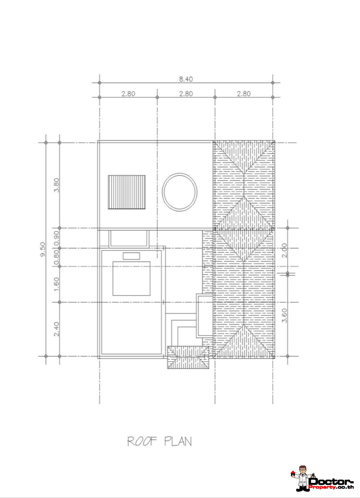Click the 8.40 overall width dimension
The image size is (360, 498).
click(186, 79)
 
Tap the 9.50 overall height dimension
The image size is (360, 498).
click(43, 249)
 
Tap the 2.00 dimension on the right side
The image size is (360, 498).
click(284, 250)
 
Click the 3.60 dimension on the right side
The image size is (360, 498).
click(284, 316)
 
